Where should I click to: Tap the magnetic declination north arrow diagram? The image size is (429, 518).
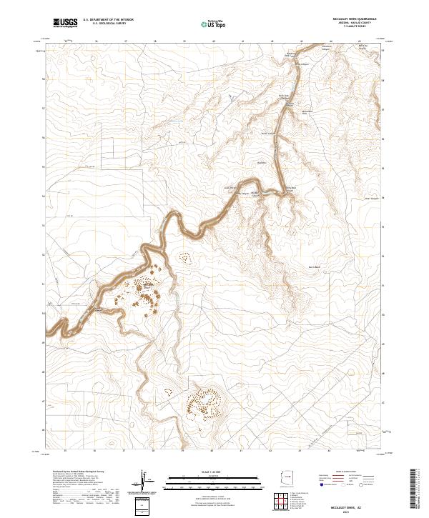pyautogui.click(x=147, y=482)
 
